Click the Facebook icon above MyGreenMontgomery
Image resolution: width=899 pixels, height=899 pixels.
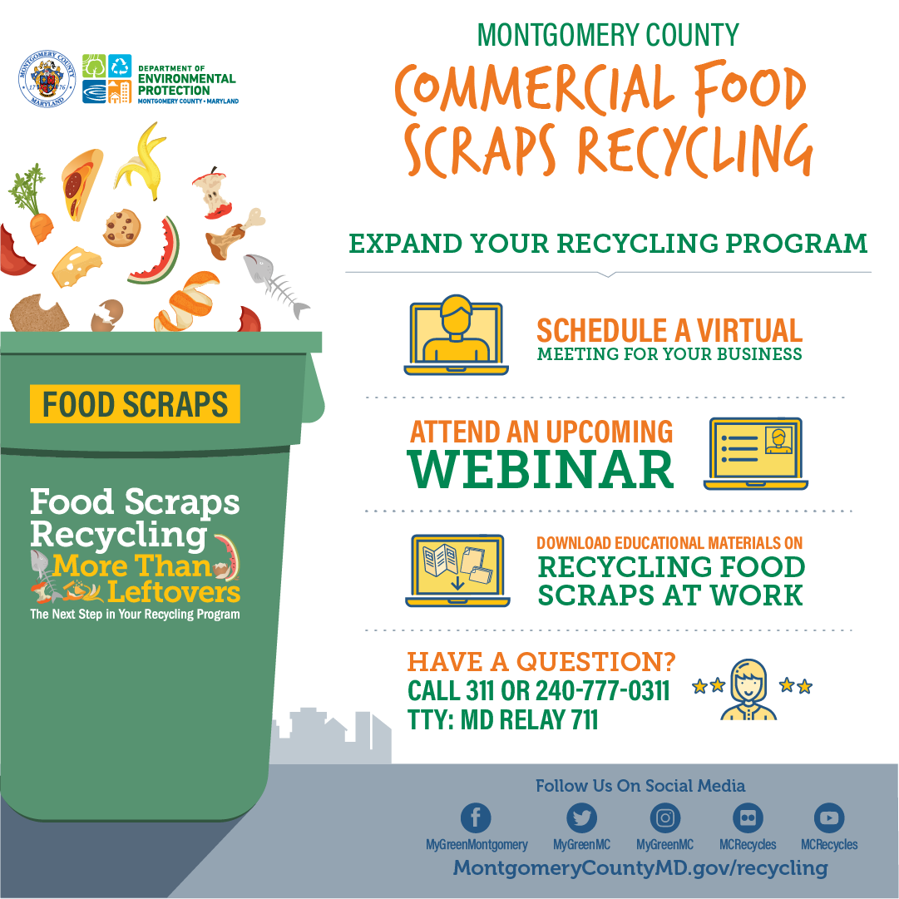476,817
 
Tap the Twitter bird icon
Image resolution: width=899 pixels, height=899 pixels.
581,817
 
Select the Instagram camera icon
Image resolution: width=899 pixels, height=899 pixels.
665,817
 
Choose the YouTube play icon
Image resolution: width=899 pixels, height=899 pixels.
829,817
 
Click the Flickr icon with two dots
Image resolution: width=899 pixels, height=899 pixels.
748,817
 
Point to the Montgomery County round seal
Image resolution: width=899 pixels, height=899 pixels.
47,78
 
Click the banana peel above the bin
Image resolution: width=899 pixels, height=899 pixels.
141,161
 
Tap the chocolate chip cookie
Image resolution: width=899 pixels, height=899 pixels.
122,228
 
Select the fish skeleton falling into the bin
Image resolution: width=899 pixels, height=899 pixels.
275,284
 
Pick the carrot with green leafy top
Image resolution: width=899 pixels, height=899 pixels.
32,203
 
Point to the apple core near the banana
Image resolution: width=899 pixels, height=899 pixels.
213,193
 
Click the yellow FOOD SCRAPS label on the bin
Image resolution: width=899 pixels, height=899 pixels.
135,404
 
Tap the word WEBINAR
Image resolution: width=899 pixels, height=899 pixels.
540,470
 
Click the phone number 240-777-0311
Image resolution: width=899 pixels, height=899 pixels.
603,691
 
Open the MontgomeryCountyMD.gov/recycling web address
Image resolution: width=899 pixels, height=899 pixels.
640,867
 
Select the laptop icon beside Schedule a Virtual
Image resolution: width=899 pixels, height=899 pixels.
456,335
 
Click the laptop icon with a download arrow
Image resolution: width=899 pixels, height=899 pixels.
457,571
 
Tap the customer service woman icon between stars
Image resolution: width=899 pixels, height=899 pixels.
748,689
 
